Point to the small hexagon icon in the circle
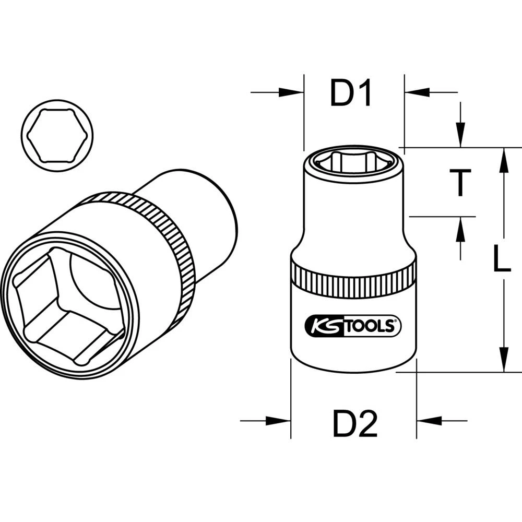pyautogui.click(x=58, y=135)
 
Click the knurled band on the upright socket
pyautogui.click(x=353, y=276)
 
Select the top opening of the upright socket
pyautogui.click(x=353, y=161)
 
